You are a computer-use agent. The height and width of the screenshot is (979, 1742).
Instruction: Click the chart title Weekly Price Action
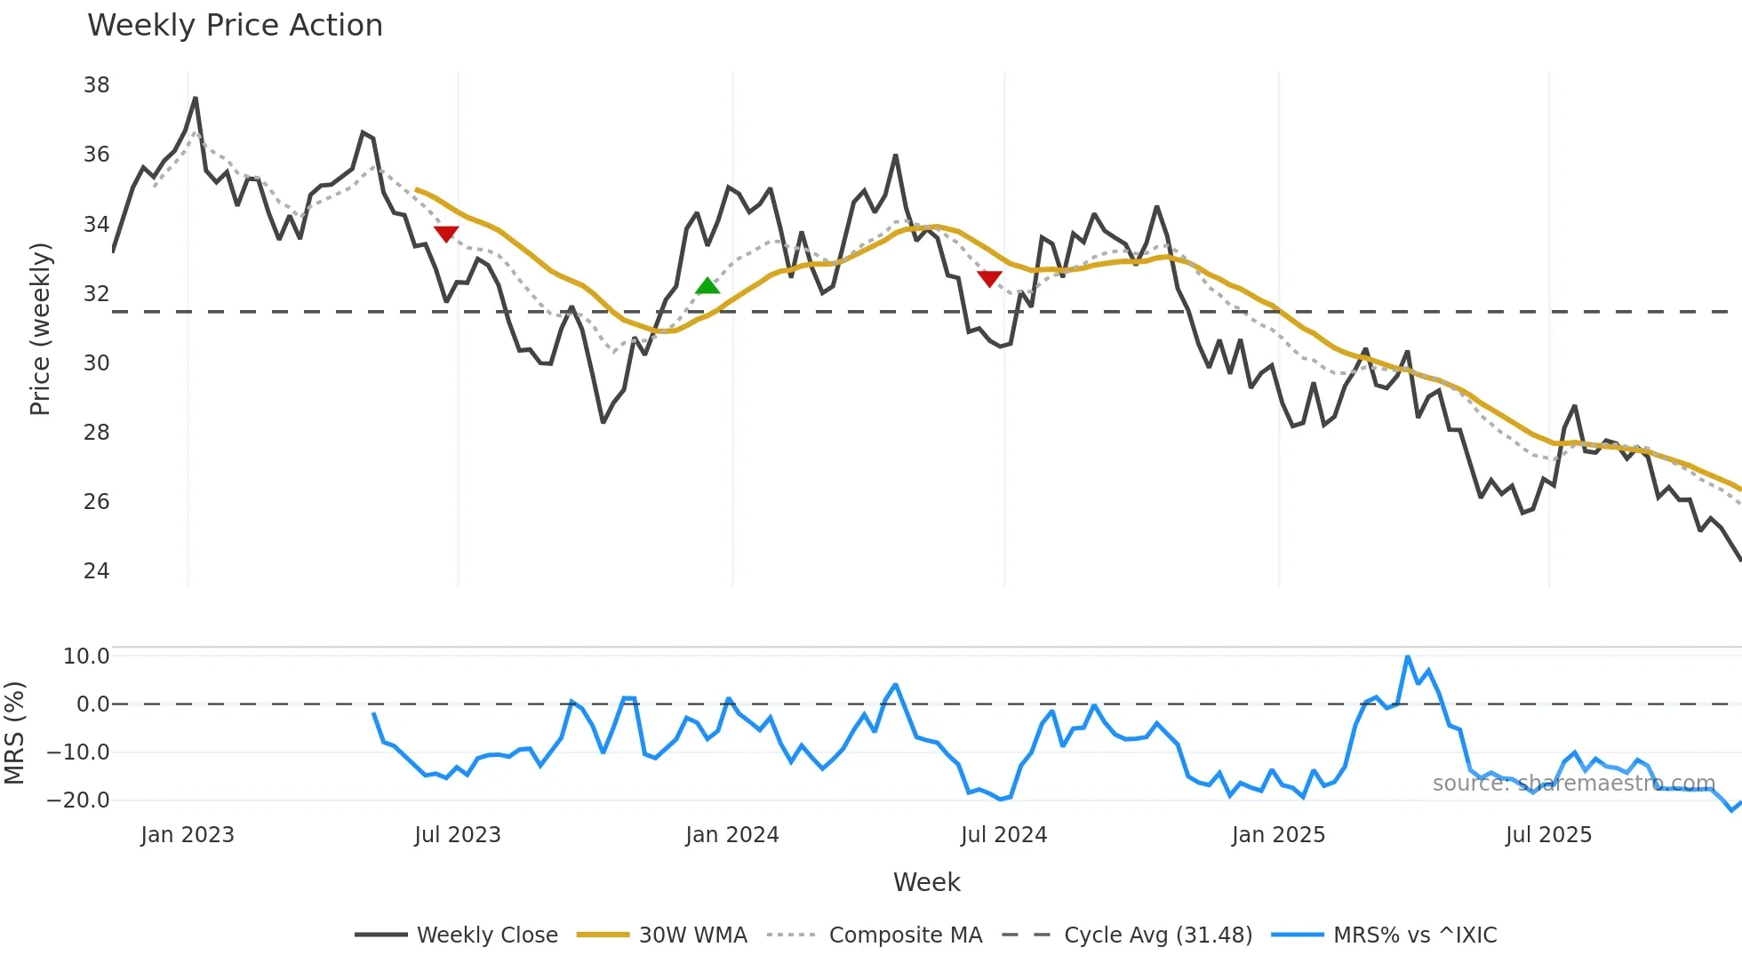point(235,26)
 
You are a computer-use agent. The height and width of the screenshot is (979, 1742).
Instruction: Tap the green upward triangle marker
point(707,286)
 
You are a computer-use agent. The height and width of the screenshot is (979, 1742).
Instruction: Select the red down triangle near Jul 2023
point(446,234)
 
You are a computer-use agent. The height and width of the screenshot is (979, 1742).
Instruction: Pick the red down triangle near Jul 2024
point(989,279)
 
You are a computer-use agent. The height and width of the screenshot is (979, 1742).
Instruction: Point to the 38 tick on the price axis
point(96,85)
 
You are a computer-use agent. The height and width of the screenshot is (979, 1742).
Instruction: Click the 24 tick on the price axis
point(96,571)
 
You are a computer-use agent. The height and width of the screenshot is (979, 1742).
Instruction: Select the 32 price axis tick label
point(96,294)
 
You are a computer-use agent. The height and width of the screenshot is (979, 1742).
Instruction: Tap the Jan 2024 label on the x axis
point(731,835)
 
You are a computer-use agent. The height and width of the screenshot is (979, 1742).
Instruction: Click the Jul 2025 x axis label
point(1548,835)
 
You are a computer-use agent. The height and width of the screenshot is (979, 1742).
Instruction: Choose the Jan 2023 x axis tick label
point(188,835)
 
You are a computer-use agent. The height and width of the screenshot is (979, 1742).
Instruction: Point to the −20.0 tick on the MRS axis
point(78,800)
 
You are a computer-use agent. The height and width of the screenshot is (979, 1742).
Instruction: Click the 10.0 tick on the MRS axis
point(86,657)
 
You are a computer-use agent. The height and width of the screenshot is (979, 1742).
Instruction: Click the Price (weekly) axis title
point(41,330)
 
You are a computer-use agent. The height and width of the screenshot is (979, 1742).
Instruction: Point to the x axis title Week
point(926,882)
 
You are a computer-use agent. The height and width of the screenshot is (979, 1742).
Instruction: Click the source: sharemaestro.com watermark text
point(1573,784)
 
